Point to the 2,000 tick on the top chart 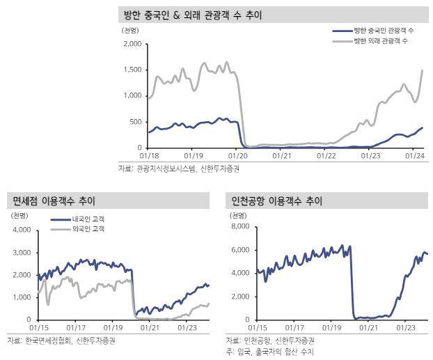(x=132, y=45)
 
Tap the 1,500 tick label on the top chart (x=132, y=70)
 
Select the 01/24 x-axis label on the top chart (x=414, y=156)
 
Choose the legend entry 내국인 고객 (x=88, y=219)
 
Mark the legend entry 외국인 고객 (x=88, y=228)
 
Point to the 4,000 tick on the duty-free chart (x=23, y=229)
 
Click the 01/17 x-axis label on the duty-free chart (x=77, y=327)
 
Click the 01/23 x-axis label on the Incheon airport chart (x=406, y=327)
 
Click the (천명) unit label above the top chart (x=130, y=31)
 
